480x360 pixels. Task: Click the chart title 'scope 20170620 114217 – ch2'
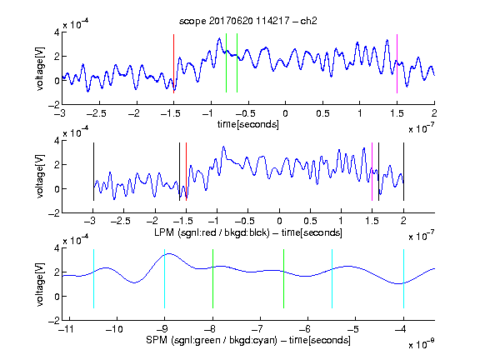click(x=247, y=21)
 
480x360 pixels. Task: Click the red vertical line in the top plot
click(x=173, y=63)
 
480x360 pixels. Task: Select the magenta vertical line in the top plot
click(x=397, y=63)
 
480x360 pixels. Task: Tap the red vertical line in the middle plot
click(x=186, y=172)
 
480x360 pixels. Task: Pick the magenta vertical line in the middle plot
click(x=372, y=172)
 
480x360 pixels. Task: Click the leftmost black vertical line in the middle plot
click(x=93, y=172)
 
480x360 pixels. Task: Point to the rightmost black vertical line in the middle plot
click(x=403, y=172)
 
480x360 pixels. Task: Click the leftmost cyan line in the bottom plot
click(x=93, y=279)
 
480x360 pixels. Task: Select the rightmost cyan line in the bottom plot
click(x=403, y=279)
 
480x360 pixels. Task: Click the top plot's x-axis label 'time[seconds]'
click(x=248, y=124)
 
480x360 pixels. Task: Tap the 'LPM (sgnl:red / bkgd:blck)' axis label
click(x=212, y=232)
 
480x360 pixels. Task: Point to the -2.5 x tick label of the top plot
click(x=97, y=113)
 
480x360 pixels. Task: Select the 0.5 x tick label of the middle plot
click(x=310, y=221)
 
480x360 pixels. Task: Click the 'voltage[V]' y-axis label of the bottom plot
click(x=40, y=284)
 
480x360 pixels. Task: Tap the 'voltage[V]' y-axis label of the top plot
click(x=40, y=68)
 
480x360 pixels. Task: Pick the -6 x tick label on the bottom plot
click(x=305, y=329)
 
